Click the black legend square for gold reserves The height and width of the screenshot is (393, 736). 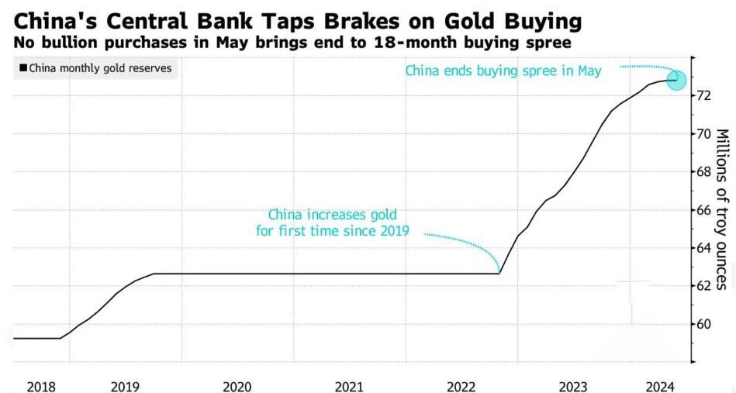click(23, 68)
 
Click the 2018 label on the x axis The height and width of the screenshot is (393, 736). click(41, 387)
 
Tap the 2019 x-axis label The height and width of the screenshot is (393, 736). click(125, 387)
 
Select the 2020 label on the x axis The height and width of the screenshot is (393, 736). click(237, 387)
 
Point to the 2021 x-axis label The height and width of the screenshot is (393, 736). click(349, 387)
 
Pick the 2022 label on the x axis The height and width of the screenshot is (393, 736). click(461, 387)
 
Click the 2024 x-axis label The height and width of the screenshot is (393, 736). click(661, 387)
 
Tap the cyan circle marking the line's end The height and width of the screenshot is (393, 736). click(676, 81)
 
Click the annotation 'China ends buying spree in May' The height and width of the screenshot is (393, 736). click(503, 71)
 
